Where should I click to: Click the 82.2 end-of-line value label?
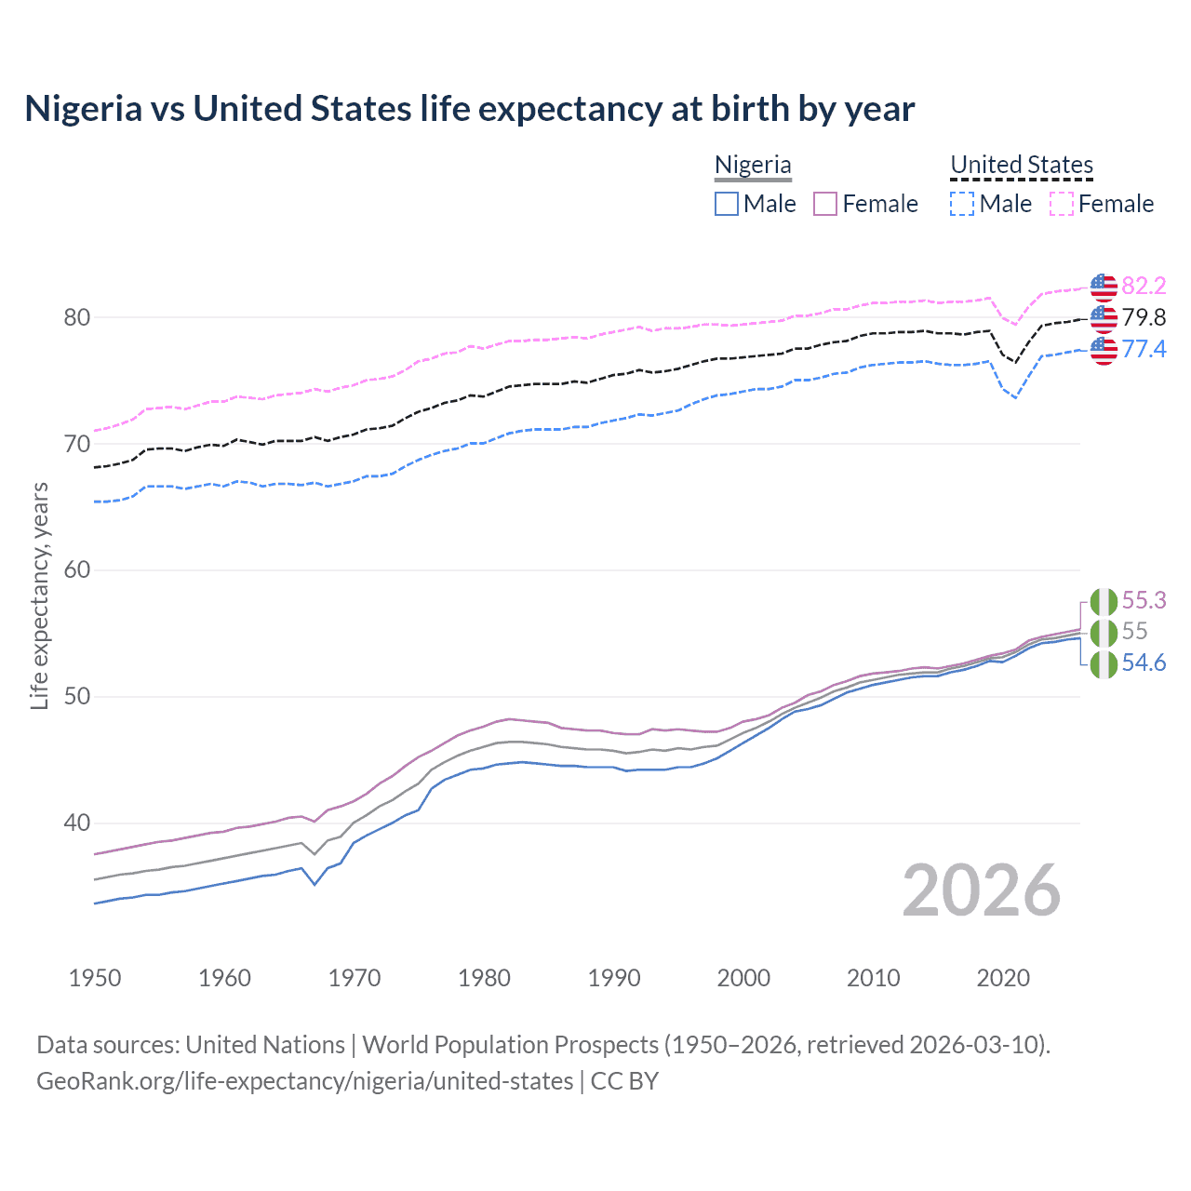tap(1144, 286)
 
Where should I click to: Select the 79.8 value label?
tap(1144, 317)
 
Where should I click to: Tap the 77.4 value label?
tap(1144, 349)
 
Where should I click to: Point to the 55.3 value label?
tap(1144, 600)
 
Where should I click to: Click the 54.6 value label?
tap(1144, 662)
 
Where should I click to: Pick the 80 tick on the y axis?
tap(76, 317)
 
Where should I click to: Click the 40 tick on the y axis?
tap(76, 823)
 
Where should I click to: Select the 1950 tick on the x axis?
tap(95, 978)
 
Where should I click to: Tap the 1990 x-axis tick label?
tap(614, 978)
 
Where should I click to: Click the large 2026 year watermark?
tap(981, 890)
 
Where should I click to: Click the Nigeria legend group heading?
tap(753, 165)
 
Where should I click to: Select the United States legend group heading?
tap(1021, 165)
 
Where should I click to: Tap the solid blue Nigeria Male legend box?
tap(727, 204)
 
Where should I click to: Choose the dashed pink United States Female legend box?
tap(1062, 204)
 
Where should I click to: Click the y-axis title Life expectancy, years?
tap(39, 595)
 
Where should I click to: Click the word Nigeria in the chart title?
tap(83, 109)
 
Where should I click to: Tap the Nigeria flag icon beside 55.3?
tap(1104, 602)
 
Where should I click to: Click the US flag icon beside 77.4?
tap(1104, 350)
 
